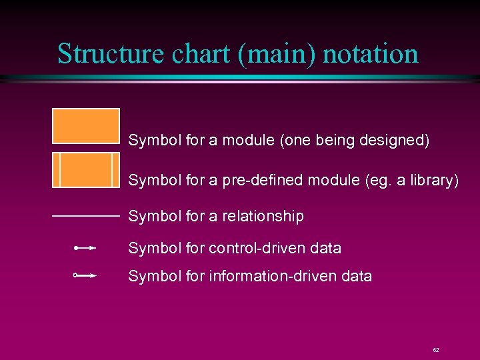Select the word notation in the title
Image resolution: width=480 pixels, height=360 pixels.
click(x=371, y=54)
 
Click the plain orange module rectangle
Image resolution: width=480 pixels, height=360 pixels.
click(x=86, y=126)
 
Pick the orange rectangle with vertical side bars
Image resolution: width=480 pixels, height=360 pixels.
click(x=86, y=170)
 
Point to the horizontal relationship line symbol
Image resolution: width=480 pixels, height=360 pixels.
click(x=85, y=216)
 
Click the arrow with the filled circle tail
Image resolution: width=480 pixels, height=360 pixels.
click(x=86, y=248)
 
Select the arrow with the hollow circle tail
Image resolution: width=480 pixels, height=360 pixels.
click(x=86, y=275)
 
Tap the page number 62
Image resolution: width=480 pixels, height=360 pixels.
click(x=436, y=349)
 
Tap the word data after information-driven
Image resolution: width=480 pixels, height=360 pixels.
click(x=356, y=275)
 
